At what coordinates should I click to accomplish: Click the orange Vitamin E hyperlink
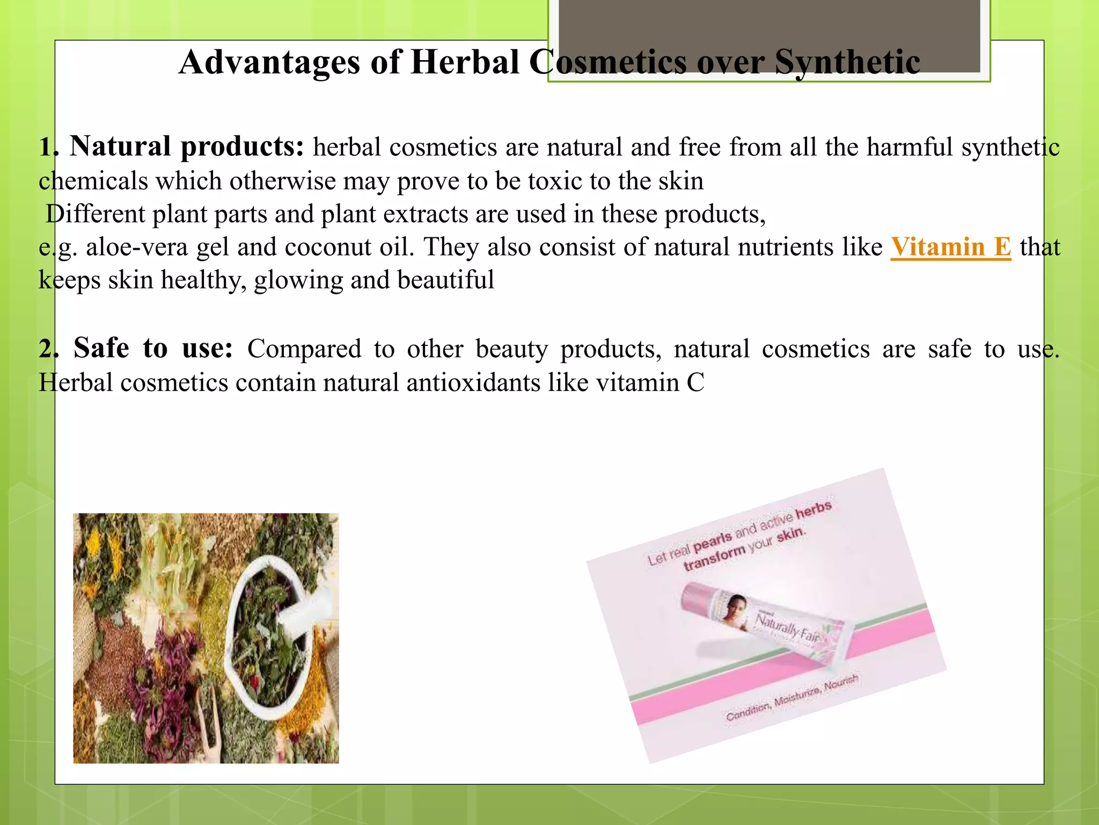click(x=950, y=248)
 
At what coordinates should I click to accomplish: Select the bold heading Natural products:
click(x=186, y=147)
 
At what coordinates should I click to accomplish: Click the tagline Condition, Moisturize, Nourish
click(x=792, y=698)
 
